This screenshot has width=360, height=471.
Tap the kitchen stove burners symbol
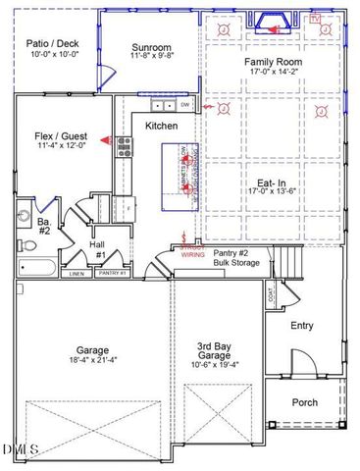[x=126, y=147]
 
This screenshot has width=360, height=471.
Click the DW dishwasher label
[x=184, y=104]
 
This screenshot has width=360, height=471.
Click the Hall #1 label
[x=101, y=250]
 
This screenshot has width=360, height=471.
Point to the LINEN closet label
[x=78, y=274]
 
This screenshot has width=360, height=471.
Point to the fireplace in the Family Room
[x=274, y=22]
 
